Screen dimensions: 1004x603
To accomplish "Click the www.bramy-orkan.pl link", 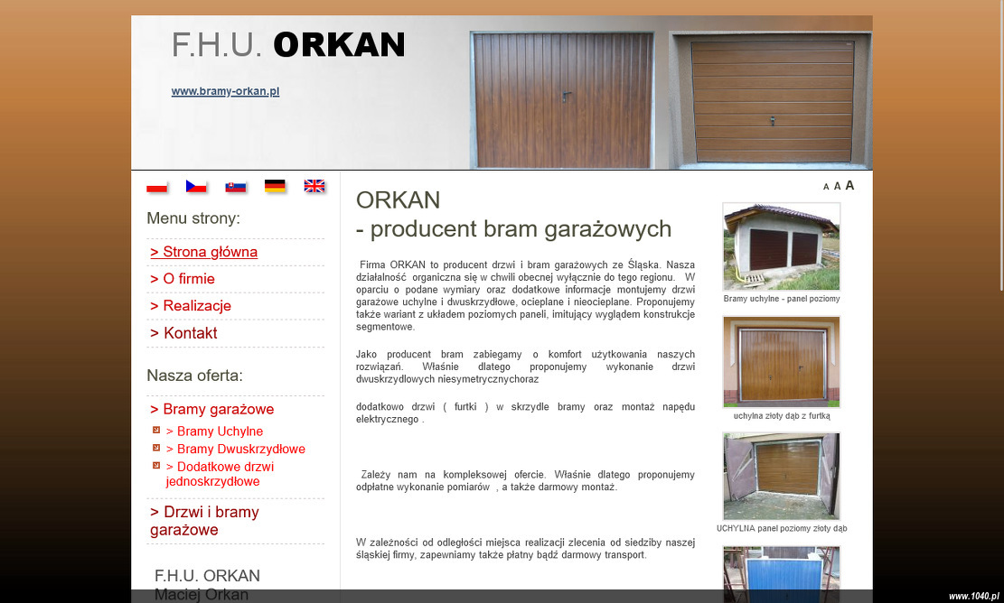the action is [x=225, y=91].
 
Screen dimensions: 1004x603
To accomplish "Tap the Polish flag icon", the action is [x=157, y=186].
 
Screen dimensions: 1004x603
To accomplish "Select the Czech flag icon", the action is [x=196, y=186].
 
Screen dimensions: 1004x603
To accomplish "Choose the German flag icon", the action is [x=275, y=186].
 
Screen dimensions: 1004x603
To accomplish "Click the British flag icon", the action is [x=314, y=186].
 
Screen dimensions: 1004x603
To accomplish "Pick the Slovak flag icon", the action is [x=236, y=186].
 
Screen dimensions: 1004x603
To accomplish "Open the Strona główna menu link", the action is [x=203, y=252].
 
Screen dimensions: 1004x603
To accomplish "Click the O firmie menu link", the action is [x=183, y=279].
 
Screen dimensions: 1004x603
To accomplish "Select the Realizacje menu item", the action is [x=191, y=306].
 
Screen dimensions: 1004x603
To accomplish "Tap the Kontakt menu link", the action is [x=183, y=333].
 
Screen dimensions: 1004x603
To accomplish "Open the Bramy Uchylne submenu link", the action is [x=214, y=431].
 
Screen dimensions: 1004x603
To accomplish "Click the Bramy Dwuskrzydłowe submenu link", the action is [x=236, y=449].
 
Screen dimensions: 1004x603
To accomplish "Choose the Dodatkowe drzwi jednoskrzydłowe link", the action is [x=220, y=474].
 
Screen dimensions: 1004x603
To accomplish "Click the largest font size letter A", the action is [x=849, y=185].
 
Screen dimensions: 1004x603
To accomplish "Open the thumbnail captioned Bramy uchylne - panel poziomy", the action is [x=781, y=246].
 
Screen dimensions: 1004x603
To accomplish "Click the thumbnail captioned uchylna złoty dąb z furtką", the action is [x=781, y=362].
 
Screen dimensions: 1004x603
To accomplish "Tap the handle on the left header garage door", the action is [x=566, y=97].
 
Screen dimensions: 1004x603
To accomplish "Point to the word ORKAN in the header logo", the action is [x=340, y=45].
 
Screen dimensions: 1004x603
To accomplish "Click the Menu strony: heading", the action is [x=193, y=218].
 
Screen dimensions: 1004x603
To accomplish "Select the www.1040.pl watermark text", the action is [x=973, y=596].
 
